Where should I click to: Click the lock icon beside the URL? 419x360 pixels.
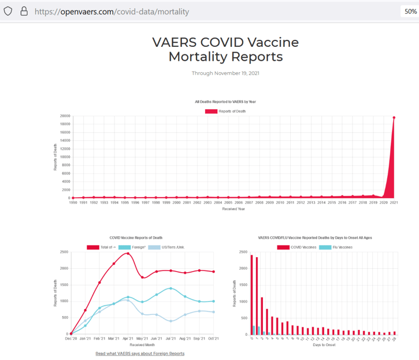24,11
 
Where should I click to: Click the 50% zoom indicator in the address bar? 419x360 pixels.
408,11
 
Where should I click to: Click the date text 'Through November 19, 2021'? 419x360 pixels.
225,73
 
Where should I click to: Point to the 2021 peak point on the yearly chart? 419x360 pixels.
394,117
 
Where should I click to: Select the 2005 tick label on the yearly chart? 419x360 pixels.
228,203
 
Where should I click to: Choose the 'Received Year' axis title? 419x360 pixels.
233,209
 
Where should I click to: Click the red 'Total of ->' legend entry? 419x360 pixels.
100,247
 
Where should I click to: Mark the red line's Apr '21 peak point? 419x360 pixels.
128,253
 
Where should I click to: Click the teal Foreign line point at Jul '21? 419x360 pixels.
170,288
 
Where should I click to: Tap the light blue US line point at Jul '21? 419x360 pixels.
170,321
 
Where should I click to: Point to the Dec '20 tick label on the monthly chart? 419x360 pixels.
72,339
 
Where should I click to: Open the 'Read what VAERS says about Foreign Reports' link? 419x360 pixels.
140,353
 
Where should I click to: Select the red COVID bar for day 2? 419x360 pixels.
262,316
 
